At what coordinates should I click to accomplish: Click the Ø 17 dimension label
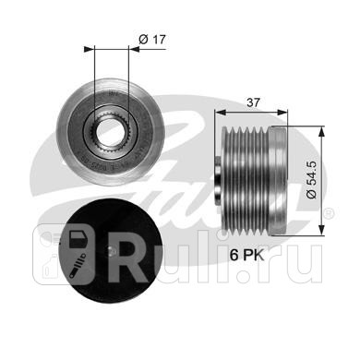point(152,40)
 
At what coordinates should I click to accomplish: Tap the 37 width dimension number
point(253,102)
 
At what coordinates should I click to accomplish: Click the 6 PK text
point(247,255)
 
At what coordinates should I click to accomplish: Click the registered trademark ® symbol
point(329,213)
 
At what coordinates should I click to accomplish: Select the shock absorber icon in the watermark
point(78,266)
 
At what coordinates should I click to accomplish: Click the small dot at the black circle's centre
point(112,252)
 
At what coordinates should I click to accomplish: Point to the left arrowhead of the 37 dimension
point(220,113)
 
